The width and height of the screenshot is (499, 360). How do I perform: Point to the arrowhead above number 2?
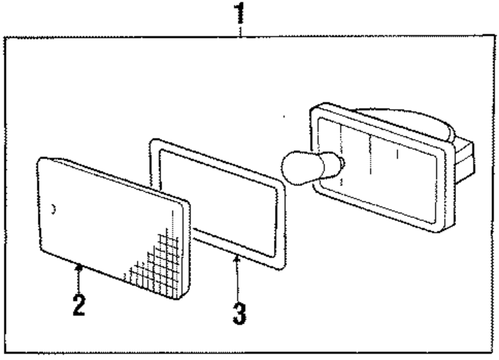click(x=78, y=268)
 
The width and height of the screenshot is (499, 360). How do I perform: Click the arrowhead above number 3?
click(x=238, y=259)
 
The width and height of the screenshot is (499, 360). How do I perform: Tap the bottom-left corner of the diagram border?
click(x=5, y=353)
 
